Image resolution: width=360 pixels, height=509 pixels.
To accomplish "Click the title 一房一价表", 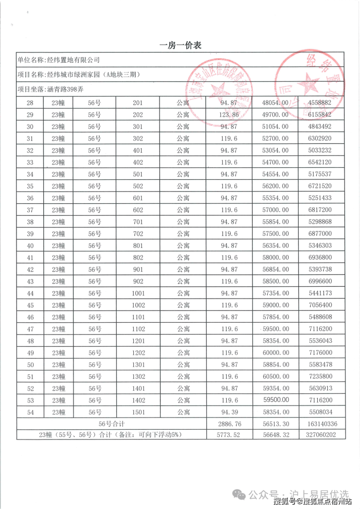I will (x=180, y=45).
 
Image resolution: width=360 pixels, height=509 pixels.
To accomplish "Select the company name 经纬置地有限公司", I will (x=72, y=60).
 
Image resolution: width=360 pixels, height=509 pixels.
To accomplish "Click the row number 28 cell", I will (x=30, y=103).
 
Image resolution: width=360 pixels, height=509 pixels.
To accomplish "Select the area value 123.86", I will (x=230, y=114).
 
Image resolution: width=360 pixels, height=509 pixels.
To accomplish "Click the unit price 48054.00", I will (x=275, y=103).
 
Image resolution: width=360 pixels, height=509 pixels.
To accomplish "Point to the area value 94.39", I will (x=230, y=412).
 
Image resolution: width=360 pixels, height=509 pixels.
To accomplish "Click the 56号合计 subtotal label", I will (x=112, y=423).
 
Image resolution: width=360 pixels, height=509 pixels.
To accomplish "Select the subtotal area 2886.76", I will (x=230, y=423).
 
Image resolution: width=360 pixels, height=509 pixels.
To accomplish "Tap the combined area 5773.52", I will (x=230, y=435).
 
